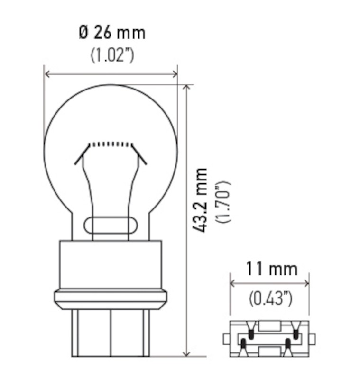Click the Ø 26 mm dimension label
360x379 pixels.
pos(112,33)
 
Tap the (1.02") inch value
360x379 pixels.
pos(112,55)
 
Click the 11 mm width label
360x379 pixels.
pos(271,269)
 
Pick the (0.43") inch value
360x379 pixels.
pos(270,298)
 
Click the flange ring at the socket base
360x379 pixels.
pos(111,298)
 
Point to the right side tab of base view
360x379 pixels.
pos(312,339)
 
